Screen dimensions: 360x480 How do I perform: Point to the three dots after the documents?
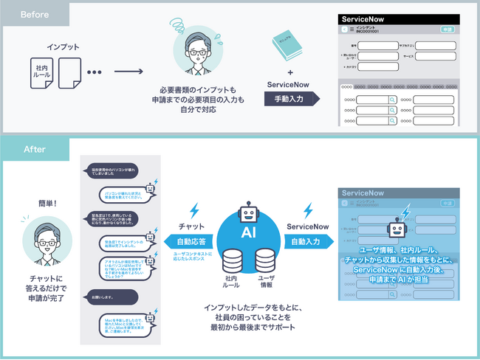pos(94,73)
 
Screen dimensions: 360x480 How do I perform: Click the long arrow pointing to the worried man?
pos(128,73)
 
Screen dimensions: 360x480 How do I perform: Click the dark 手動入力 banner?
pos(290,98)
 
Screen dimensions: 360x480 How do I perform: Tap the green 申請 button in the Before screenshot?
pos(448,30)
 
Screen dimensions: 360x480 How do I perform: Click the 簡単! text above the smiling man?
pos(49,204)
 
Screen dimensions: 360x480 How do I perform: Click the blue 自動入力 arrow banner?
pos(306,240)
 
